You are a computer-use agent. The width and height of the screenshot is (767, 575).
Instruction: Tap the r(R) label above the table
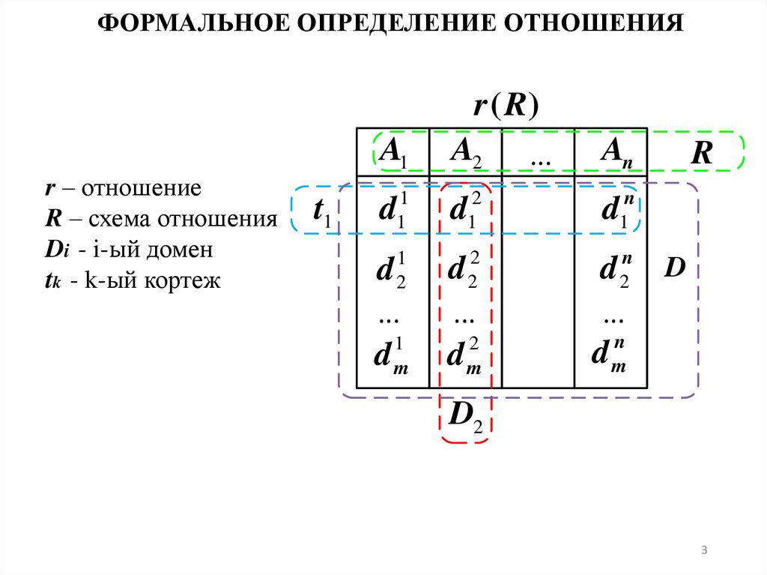506,106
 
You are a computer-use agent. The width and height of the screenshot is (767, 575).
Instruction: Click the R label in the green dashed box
701,153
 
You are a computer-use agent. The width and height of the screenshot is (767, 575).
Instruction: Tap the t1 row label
322,213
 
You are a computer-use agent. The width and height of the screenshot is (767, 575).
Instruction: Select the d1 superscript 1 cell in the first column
391,211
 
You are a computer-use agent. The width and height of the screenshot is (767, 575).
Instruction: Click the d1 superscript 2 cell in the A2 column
464,211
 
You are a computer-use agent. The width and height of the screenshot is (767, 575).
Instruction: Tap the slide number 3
704,552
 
